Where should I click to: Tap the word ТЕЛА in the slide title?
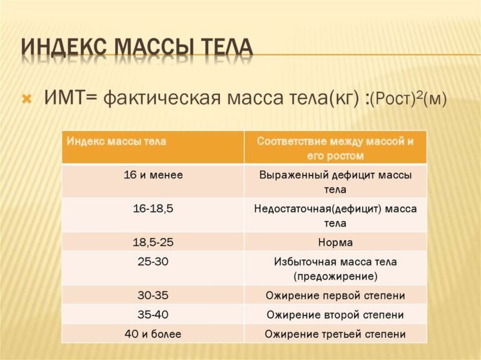pos(227,48)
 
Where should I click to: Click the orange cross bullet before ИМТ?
pos(27,99)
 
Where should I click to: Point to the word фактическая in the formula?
pos(161,98)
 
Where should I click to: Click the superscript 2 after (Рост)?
pos(419,95)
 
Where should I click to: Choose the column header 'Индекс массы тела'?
pos(116,141)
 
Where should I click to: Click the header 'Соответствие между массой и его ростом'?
pos(335,148)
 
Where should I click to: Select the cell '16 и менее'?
pos(153,175)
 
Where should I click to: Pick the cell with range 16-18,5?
pos(153,208)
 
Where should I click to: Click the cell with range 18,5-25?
pos(153,242)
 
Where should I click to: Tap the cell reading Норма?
pos(335,242)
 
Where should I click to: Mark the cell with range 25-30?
pos(153,262)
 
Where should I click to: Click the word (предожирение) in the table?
pos(335,276)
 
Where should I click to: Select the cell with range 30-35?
pos(153,295)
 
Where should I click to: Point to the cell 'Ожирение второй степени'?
pos(335,314)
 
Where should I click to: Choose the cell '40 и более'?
pos(153,334)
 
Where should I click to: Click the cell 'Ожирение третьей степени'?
pos(335,334)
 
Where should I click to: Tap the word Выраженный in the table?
pos(293,175)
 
